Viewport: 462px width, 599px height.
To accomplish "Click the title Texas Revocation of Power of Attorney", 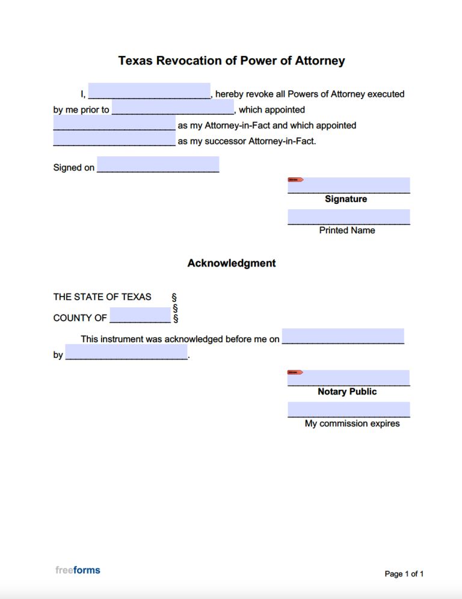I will [x=231, y=61].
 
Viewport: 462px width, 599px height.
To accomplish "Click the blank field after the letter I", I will [x=149, y=91].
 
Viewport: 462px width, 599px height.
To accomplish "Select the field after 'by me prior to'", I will [x=173, y=107].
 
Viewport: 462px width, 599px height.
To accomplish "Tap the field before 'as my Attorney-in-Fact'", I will [x=114, y=123].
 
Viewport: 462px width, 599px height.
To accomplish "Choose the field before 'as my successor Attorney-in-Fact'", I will [x=114, y=139].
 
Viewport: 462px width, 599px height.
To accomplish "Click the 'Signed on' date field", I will [x=158, y=164].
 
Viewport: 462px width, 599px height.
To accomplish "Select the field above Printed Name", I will [x=349, y=217].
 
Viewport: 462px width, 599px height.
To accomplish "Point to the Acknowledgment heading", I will [x=231, y=263].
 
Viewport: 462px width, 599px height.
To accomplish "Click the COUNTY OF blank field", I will [x=140, y=315].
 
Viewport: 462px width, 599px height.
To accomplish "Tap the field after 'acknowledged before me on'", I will [x=343, y=336].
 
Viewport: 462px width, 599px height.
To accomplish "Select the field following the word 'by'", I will [x=126, y=352].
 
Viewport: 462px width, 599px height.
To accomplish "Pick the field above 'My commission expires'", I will [x=349, y=410].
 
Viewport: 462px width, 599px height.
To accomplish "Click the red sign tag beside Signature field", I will [x=295, y=180].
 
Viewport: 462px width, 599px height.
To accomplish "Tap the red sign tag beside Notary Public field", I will [x=295, y=372].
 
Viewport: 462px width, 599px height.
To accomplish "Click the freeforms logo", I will [x=78, y=570].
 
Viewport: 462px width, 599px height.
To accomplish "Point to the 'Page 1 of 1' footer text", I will [x=404, y=574].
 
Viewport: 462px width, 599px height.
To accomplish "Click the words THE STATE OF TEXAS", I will [x=102, y=296].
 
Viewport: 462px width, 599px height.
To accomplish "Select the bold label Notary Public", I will [x=347, y=392].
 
